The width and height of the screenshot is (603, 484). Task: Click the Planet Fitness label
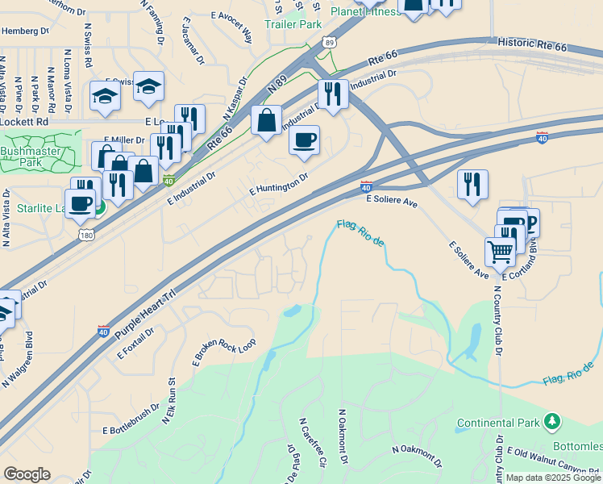click(x=364, y=11)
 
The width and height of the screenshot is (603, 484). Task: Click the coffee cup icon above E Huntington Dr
click(x=304, y=140)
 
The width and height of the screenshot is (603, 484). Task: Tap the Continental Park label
click(x=499, y=423)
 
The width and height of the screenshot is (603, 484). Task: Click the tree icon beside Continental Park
click(x=552, y=421)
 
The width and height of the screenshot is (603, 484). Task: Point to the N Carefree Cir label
click(x=312, y=443)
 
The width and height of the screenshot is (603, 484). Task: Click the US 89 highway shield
click(x=328, y=44)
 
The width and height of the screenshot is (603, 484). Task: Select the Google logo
click(x=27, y=474)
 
